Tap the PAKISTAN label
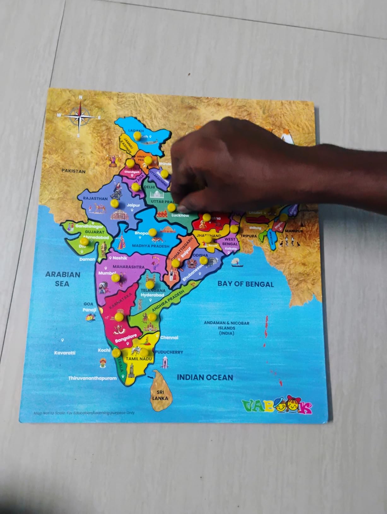[73, 171]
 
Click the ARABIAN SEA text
[62, 279]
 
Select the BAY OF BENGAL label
[245, 284]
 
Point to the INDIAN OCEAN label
[205, 377]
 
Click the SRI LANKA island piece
[160, 391]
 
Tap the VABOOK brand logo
[277, 407]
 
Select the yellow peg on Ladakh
[137, 136]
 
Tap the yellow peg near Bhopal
[152, 232]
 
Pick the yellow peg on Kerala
[116, 352]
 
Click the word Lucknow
[180, 216]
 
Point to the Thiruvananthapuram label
[92, 378]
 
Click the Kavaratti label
[65, 353]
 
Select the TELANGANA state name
[153, 290]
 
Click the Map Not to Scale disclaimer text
[84, 413]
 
